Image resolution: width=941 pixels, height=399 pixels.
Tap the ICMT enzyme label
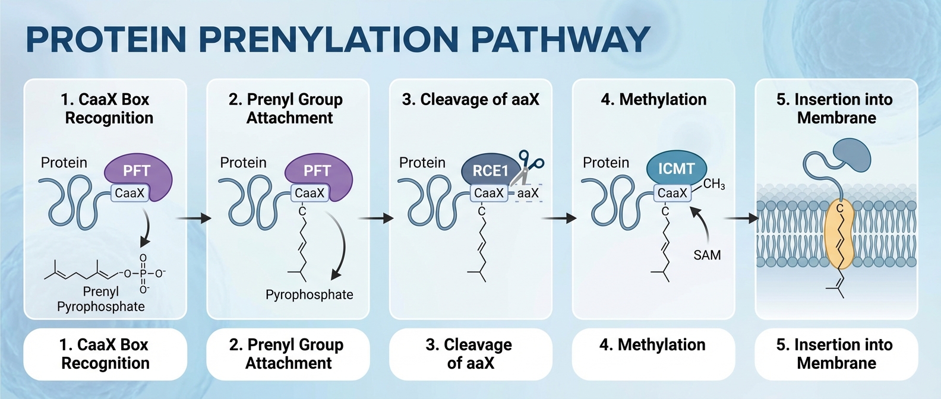[676, 169]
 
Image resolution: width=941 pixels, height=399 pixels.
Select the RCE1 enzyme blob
[489, 170]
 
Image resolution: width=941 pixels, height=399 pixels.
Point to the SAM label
[707, 255]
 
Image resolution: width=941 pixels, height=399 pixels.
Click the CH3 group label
[714, 184]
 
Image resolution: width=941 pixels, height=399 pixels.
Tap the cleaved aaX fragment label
[528, 193]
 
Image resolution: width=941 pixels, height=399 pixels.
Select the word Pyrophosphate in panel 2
[309, 294]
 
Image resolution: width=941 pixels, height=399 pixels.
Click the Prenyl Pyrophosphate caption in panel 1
[101, 299]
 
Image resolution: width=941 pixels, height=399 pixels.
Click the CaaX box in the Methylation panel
[672, 193]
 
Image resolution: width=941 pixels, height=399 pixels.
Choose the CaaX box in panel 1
[130, 193]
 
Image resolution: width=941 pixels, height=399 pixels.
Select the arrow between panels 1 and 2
[194, 218]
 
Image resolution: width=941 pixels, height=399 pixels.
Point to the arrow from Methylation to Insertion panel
[743, 218]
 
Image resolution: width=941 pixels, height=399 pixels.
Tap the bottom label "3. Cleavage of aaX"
[470, 354]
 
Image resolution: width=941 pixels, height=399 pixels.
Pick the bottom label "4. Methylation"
[653, 345]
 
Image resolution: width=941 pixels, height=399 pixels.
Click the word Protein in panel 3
[422, 163]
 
